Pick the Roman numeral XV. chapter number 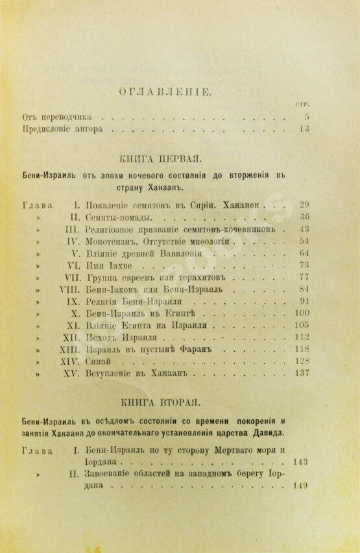point(69,375)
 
